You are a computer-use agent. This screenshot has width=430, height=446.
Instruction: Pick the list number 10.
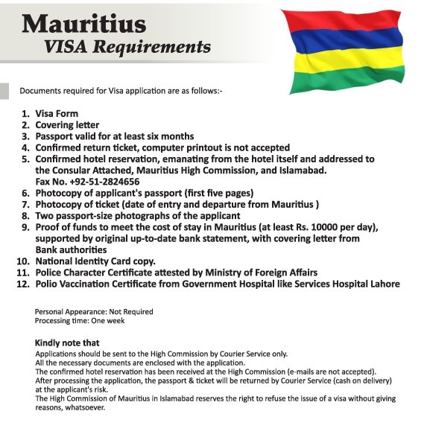[22, 261]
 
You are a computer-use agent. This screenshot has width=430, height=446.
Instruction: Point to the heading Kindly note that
[66, 343]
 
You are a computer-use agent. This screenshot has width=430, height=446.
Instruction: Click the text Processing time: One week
[80, 320]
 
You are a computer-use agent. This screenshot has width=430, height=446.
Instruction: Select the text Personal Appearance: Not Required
[94, 311]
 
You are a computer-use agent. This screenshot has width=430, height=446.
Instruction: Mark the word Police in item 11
[49, 273]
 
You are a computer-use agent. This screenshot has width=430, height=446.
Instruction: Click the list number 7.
[25, 204]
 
